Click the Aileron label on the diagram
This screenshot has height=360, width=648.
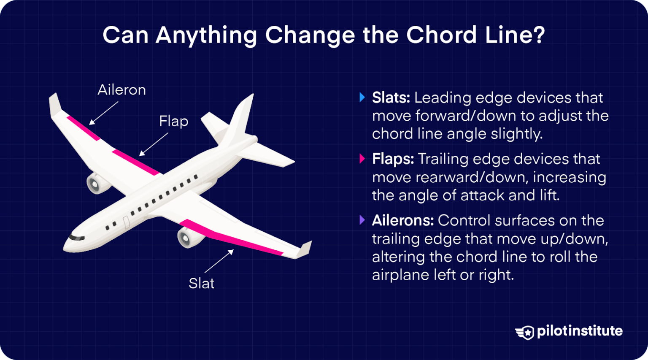[x=121, y=90]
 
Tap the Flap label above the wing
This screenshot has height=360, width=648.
[x=173, y=122]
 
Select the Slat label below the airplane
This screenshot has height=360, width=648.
[x=201, y=283]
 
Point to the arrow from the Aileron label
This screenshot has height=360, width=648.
[x=103, y=113]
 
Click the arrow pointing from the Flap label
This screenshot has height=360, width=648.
[x=154, y=144]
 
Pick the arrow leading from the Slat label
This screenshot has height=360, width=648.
[x=219, y=261]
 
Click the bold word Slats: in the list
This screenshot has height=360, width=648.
[x=391, y=98]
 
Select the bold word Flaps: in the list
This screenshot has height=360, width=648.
[x=393, y=159]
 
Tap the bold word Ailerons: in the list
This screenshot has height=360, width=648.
[x=402, y=220]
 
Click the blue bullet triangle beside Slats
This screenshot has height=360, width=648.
[x=362, y=97]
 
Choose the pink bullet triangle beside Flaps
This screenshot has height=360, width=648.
[x=362, y=159]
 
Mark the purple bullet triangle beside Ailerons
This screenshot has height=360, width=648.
[x=362, y=220]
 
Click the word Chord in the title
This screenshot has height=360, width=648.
[x=441, y=35]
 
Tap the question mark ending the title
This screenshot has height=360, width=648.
[x=539, y=35]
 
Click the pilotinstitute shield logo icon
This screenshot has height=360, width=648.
[x=525, y=332]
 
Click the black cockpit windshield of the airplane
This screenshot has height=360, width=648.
[x=76, y=238]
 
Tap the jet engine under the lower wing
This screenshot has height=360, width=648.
[x=187, y=237]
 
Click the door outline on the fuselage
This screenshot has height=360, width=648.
[x=126, y=222]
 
